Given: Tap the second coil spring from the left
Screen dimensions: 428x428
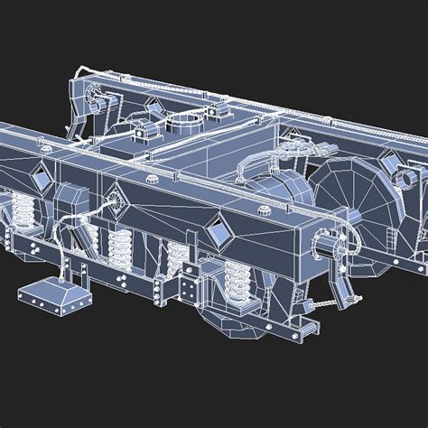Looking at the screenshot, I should pyautogui.click(x=120, y=244).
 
